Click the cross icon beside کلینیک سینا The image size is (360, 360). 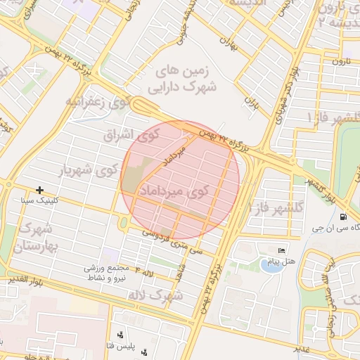[x=39, y=190]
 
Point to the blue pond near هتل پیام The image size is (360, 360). [x=269, y=265]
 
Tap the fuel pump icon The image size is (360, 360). [x=343, y=217]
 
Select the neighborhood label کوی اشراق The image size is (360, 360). [x=121, y=134]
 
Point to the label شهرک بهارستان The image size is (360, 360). [x=36, y=238]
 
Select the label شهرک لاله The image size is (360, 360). [x=155, y=295]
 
